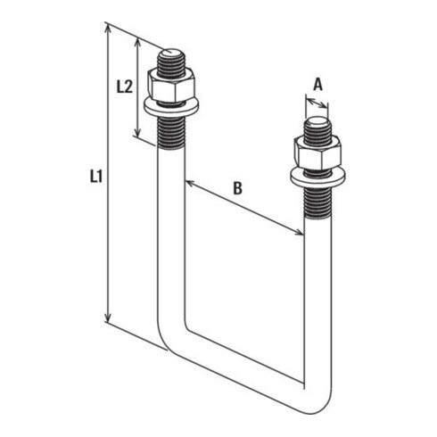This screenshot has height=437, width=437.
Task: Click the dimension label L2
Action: click(125, 87)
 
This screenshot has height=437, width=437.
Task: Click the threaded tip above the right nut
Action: click(316, 127)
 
